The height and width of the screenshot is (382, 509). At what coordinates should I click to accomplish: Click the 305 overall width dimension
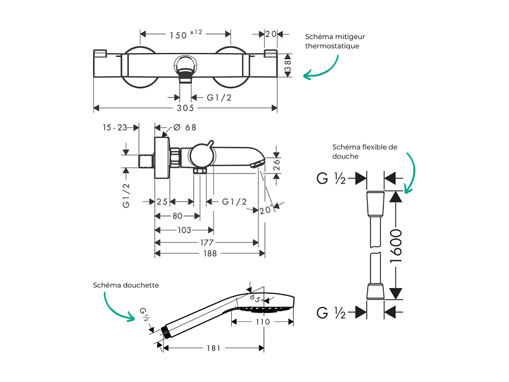[186, 108]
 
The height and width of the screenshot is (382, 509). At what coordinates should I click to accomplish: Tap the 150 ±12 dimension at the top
[186, 34]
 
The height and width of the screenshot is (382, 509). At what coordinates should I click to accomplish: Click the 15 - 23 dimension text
[115, 127]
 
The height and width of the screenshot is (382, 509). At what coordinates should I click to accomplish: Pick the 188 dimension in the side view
[210, 254]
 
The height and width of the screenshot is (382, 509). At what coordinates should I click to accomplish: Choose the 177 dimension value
[207, 243]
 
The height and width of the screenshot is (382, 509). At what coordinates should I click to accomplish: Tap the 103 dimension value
[184, 230]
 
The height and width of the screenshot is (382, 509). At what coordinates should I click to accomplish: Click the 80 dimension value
[177, 216]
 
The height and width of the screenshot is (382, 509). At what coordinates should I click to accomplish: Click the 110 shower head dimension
[262, 322]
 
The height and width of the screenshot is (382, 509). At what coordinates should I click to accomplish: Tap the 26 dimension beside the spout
[277, 165]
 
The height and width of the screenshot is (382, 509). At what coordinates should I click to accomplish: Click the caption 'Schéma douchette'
[126, 285]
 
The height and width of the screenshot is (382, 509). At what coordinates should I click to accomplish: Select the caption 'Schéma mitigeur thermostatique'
[335, 41]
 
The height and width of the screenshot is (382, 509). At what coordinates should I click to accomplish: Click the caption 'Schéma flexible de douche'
[365, 151]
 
